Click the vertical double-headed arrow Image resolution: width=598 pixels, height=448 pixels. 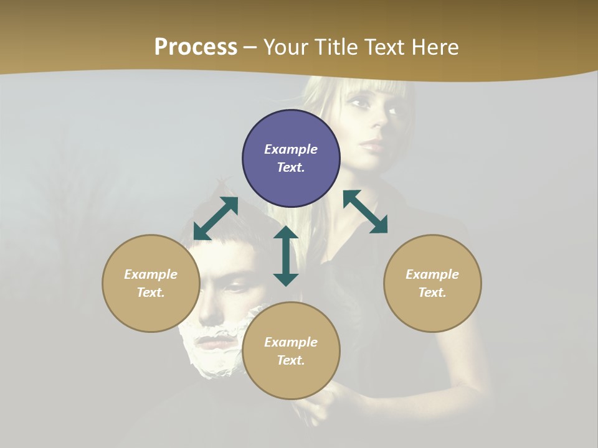tap(286, 256)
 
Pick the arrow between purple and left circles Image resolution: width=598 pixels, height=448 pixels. tap(216, 218)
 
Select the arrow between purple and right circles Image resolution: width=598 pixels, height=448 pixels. tap(365, 212)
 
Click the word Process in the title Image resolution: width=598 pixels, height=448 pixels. tap(196, 47)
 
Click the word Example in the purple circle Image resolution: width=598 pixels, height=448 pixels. tap(291, 149)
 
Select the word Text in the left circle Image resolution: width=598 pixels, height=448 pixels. tap(151, 292)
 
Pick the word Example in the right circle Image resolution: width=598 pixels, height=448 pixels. tap(432, 274)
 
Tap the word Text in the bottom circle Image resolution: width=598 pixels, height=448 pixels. tap(291, 360)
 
